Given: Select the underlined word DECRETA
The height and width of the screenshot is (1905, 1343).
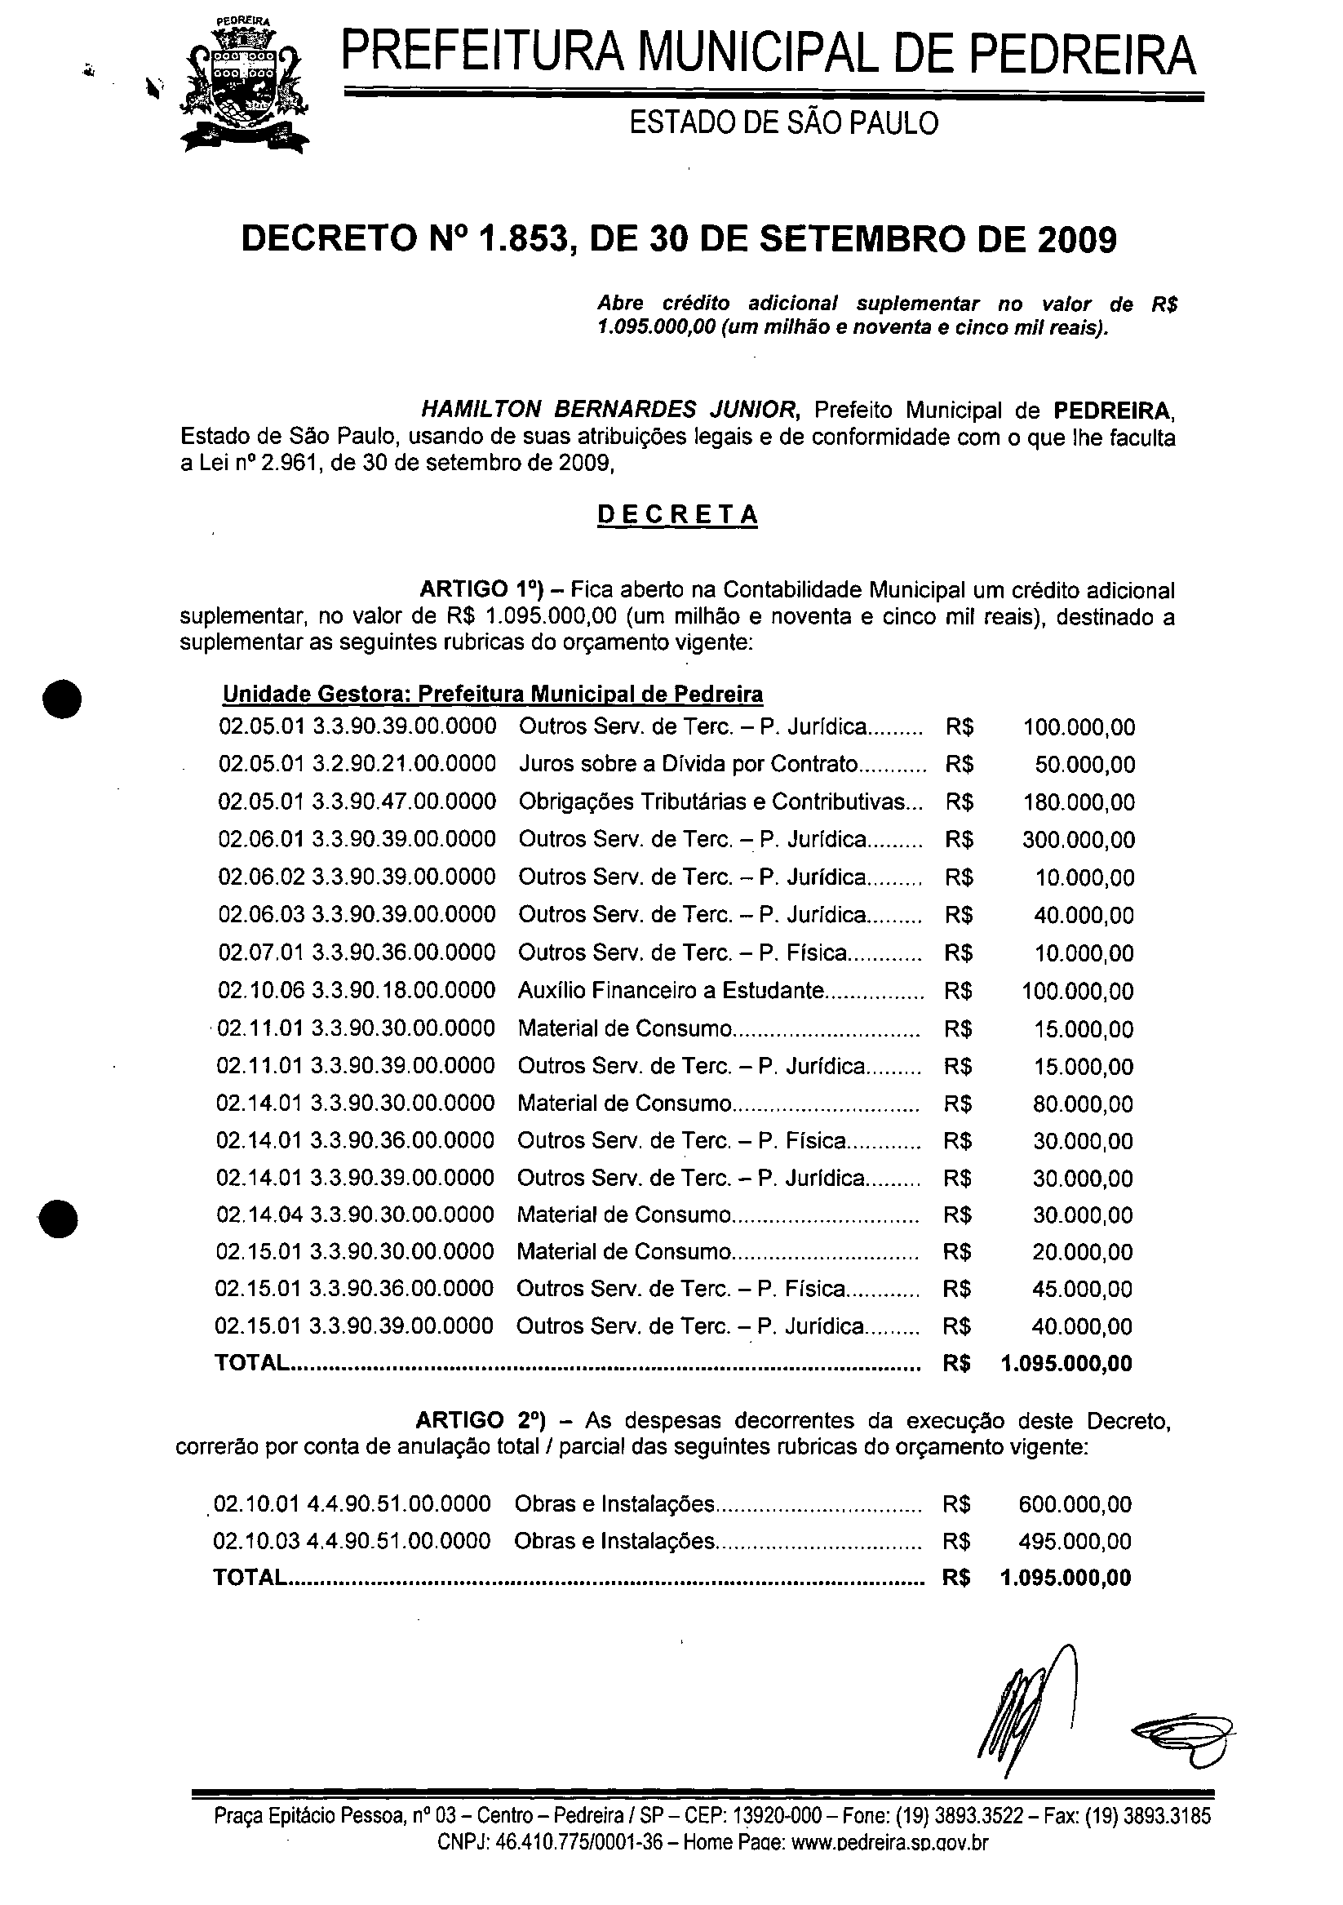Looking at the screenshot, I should [x=677, y=515].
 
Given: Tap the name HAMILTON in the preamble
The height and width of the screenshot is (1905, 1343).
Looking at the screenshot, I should [x=481, y=409].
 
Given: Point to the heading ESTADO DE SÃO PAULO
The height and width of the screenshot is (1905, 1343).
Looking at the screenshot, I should [x=783, y=123].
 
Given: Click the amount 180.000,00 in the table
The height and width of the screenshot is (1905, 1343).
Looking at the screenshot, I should [x=1079, y=802].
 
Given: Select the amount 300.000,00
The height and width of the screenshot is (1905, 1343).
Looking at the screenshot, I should [x=1079, y=840].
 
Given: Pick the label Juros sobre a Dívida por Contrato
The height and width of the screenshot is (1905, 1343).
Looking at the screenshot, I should [x=688, y=764].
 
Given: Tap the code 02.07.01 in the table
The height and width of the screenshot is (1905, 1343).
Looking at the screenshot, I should [x=260, y=952].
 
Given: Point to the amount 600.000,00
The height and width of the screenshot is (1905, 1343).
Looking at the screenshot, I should [x=1075, y=1504].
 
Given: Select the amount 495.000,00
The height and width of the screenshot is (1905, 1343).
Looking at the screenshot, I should [x=1075, y=1541].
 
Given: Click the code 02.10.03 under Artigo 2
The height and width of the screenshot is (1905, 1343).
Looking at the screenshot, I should [x=255, y=1541].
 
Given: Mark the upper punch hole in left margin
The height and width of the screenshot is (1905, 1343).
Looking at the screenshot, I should [x=63, y=699].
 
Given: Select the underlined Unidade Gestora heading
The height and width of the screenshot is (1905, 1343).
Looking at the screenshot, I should [x=493, y=694].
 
